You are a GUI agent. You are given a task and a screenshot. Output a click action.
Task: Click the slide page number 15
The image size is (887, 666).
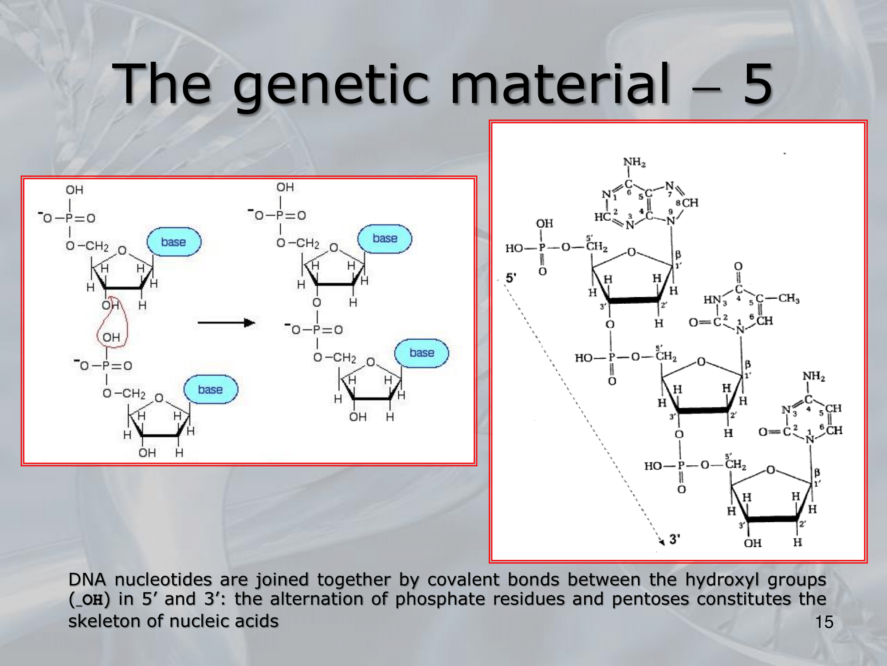(x=824, y=622)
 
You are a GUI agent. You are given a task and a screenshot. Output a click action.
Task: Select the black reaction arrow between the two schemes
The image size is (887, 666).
(x=226, y=323)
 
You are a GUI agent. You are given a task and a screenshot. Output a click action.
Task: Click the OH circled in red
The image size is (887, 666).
(x=111, y=337)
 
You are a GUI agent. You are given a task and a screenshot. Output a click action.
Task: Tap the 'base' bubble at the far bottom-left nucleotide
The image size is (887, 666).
(x=211, y=389)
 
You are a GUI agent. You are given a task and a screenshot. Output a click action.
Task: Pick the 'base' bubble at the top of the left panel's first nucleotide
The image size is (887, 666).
(x=174, y=242)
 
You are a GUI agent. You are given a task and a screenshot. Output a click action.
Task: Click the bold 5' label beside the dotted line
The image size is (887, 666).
(x=511, y=278)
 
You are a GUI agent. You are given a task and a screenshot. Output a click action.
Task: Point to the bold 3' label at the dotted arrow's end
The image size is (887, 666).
(x=675, y=539)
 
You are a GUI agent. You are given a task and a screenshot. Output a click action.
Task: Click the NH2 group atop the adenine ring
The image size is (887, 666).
(x=635, y=162)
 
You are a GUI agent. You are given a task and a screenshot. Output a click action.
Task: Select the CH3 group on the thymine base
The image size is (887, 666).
(x=789, y=298)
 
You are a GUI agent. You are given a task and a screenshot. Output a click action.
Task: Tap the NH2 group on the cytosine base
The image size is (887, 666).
(x=814, y=377)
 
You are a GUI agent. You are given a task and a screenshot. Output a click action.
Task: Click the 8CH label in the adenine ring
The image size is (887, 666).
(x=687, y=203)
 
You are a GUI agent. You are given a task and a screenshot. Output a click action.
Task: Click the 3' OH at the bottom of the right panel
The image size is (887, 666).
(x=753, y=543)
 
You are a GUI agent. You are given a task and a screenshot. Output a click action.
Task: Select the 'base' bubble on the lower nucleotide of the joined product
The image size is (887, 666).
(x=422, y=353)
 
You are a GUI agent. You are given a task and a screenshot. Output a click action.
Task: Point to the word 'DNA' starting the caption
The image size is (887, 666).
(x=87, y=580)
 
